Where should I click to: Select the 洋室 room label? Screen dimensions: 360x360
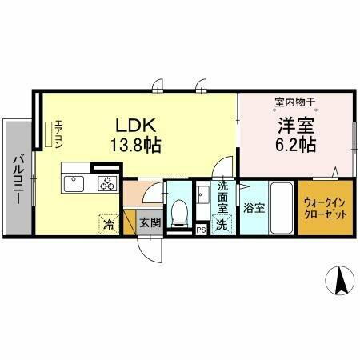tap(295, 126)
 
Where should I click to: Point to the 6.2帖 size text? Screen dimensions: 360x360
tap(295, 146)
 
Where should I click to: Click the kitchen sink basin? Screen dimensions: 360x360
tap(74, 184)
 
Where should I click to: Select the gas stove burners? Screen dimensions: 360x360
tap(107, 184)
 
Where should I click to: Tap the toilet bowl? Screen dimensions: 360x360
tap(180, 211)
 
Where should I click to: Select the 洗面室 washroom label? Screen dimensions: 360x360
tap(223, 198)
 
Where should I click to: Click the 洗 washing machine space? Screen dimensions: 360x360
tap(222, 225)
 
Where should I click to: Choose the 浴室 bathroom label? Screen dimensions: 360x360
tap(254, 207)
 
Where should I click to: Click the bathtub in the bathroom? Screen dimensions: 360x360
tap(282, 207)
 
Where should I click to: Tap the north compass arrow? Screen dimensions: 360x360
tap(338, 281)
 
